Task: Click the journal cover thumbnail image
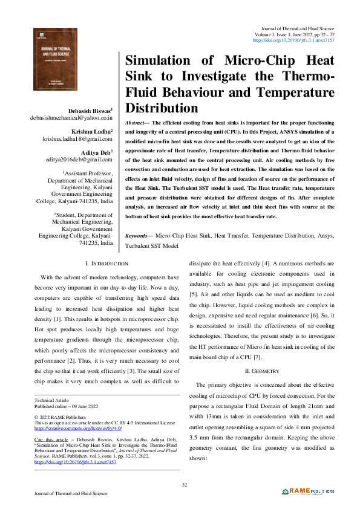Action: pos(59,61)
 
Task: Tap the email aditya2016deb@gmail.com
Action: pos(77,160)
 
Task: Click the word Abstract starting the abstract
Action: pos(137,122)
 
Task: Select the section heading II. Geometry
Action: pos(262,353)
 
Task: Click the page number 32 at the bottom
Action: pos(185,485)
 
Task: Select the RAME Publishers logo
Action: pos(311,491)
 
